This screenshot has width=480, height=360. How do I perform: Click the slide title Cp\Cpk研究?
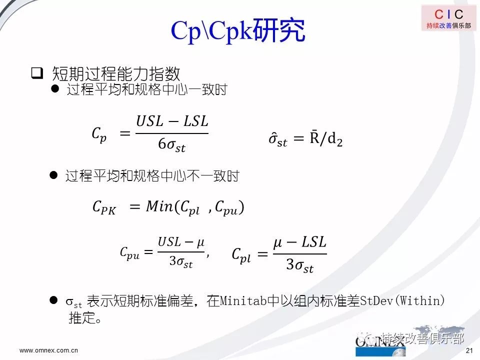(x=238, y=30)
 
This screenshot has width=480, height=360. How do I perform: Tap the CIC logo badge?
(x=449, y=18)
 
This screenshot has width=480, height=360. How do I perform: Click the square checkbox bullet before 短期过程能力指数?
(x=37, y=73)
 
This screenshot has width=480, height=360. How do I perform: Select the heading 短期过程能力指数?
(x=116, y=73)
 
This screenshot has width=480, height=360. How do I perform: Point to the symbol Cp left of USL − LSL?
(x=99, y=134)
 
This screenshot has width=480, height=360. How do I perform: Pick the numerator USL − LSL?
(x=172, y=121)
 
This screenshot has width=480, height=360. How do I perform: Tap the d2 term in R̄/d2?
(x=335, y=139)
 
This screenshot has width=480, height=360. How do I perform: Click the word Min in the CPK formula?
(x=159, y=206)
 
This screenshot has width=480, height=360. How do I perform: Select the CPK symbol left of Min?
(x=104, y=207)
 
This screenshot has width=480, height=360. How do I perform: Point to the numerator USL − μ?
(x=181, y=242)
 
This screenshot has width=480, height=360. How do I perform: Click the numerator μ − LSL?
(x=299, y=242)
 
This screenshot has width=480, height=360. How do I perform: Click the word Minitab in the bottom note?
(x=243, y=301)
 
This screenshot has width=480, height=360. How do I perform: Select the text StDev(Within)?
(x=402, y=301)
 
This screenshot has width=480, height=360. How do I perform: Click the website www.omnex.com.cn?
(x=48, y=350)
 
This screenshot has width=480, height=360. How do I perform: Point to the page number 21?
(x=469, y=350)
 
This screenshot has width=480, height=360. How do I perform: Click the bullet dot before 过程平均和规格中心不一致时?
(x=53, y=175)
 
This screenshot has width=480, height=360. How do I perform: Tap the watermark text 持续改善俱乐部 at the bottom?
(x=423, y=338)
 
